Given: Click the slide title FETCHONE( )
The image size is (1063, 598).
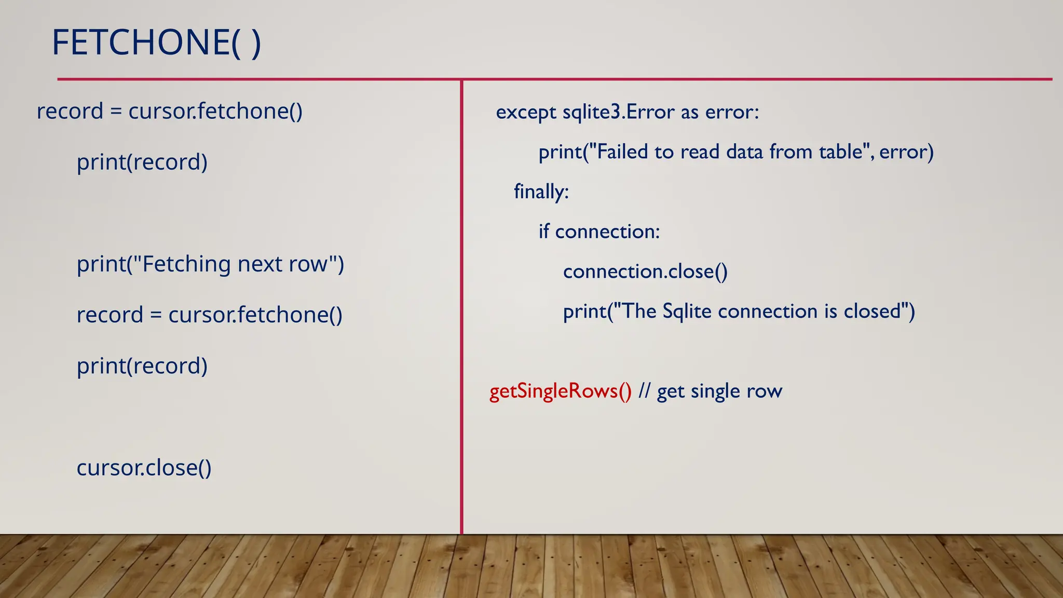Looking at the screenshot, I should point(156,43).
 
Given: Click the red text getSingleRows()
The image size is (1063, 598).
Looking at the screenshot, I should point(560,391).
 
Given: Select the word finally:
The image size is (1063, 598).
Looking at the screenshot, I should point(541,192).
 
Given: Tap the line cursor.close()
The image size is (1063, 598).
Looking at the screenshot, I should point(144,468).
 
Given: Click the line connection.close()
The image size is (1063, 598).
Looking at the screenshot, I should point(645,271).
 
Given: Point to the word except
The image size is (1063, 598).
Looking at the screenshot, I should point(526,112).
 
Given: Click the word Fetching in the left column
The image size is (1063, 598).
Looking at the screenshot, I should point(186,264).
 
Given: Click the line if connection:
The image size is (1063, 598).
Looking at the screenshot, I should point(599,232).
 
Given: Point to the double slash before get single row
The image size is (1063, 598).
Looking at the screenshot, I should point(644,391).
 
